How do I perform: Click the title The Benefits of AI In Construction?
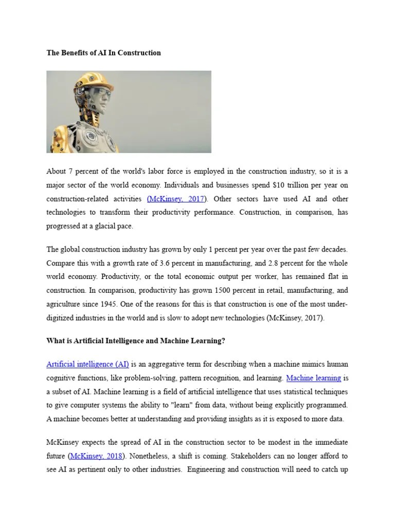coord(103,53)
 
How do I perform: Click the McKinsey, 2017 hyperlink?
coord(176,199)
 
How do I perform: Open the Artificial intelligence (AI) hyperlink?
coord(87,364)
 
